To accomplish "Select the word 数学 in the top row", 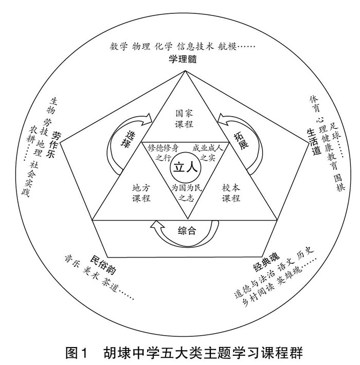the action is click(119, 46).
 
